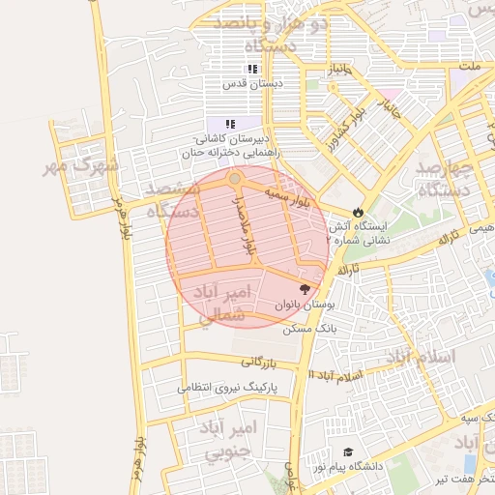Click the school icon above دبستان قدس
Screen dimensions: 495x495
click(x=252, y=70)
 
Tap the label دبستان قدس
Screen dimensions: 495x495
click(x=252, y=84)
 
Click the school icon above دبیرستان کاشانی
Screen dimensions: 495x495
click(x=230, y=124)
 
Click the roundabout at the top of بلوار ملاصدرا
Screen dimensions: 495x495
click(x=235, y=179)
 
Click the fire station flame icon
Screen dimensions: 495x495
click(x=359, y=212)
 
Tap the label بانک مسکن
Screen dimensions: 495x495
click(x=308, y=329)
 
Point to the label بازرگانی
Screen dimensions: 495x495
click(x=259, y=363)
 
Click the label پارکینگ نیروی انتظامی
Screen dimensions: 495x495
click(x=227, y=388)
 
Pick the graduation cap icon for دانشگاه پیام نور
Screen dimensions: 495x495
click(x=348, y=452)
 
